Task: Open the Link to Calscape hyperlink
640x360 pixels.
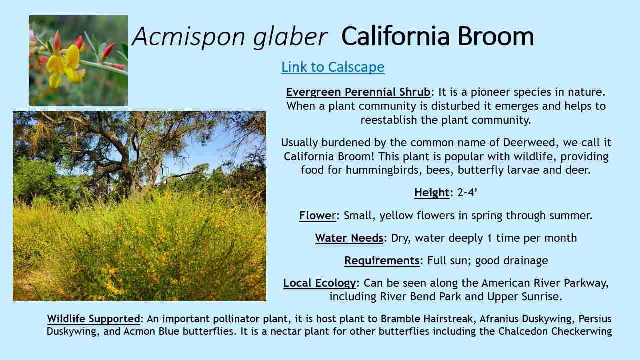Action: pos(333,67)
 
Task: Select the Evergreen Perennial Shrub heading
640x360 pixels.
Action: pos(358,92)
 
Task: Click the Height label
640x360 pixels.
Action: pos(432,193)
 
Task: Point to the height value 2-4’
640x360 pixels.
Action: pos(467,193)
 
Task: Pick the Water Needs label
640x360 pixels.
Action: pos(349,238)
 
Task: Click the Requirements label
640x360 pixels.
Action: pos(382,260)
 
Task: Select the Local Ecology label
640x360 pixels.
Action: pos(319,283)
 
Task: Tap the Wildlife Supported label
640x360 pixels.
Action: pos(93,319)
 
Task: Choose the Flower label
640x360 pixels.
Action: pos(317,215)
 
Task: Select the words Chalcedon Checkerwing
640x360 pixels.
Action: pos(555,331)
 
